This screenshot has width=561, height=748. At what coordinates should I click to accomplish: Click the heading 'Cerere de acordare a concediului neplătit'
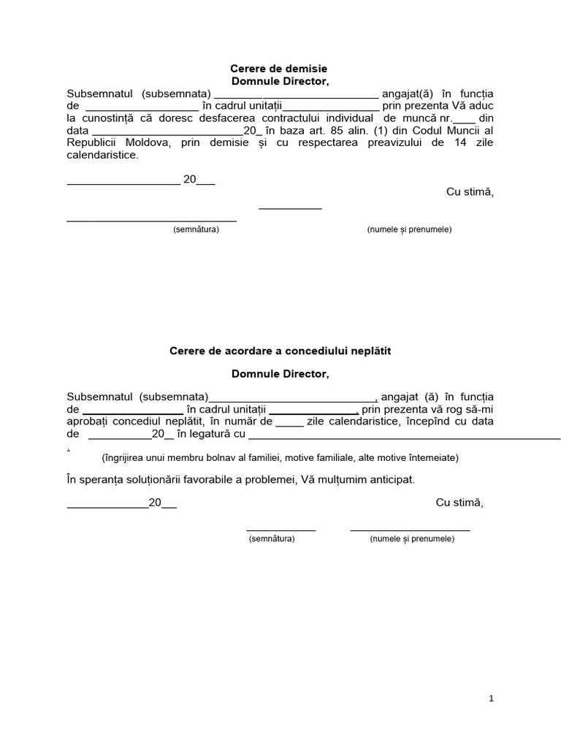coord(280,351)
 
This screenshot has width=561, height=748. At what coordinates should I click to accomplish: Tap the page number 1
coord(492,698)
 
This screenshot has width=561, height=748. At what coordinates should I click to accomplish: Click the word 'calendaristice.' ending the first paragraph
coord(102,155)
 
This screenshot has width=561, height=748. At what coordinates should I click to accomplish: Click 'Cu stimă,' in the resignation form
coord(470,192)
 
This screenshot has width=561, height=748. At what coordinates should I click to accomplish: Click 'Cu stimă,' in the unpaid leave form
coord(459,503)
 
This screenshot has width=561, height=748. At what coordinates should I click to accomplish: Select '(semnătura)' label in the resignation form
coord(196,229)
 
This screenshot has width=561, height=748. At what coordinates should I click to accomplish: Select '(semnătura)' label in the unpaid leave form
coord(272,539)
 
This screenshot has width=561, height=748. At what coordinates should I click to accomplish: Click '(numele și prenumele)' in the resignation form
coord(409,229)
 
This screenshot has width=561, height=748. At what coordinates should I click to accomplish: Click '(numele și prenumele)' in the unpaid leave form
coord(412,539)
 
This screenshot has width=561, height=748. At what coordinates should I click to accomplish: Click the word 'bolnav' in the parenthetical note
coord(212,458)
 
